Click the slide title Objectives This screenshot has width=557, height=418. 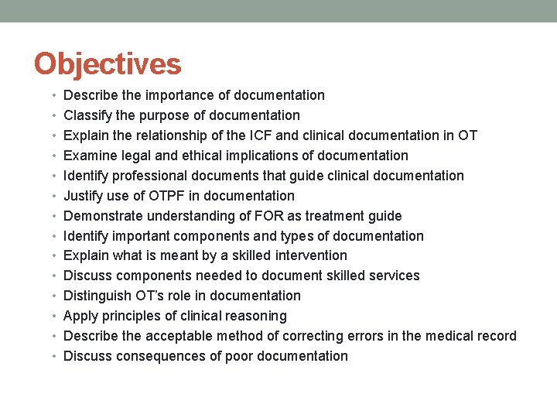[x=108, y=63]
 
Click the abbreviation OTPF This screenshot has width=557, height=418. [x=162, y=196]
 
